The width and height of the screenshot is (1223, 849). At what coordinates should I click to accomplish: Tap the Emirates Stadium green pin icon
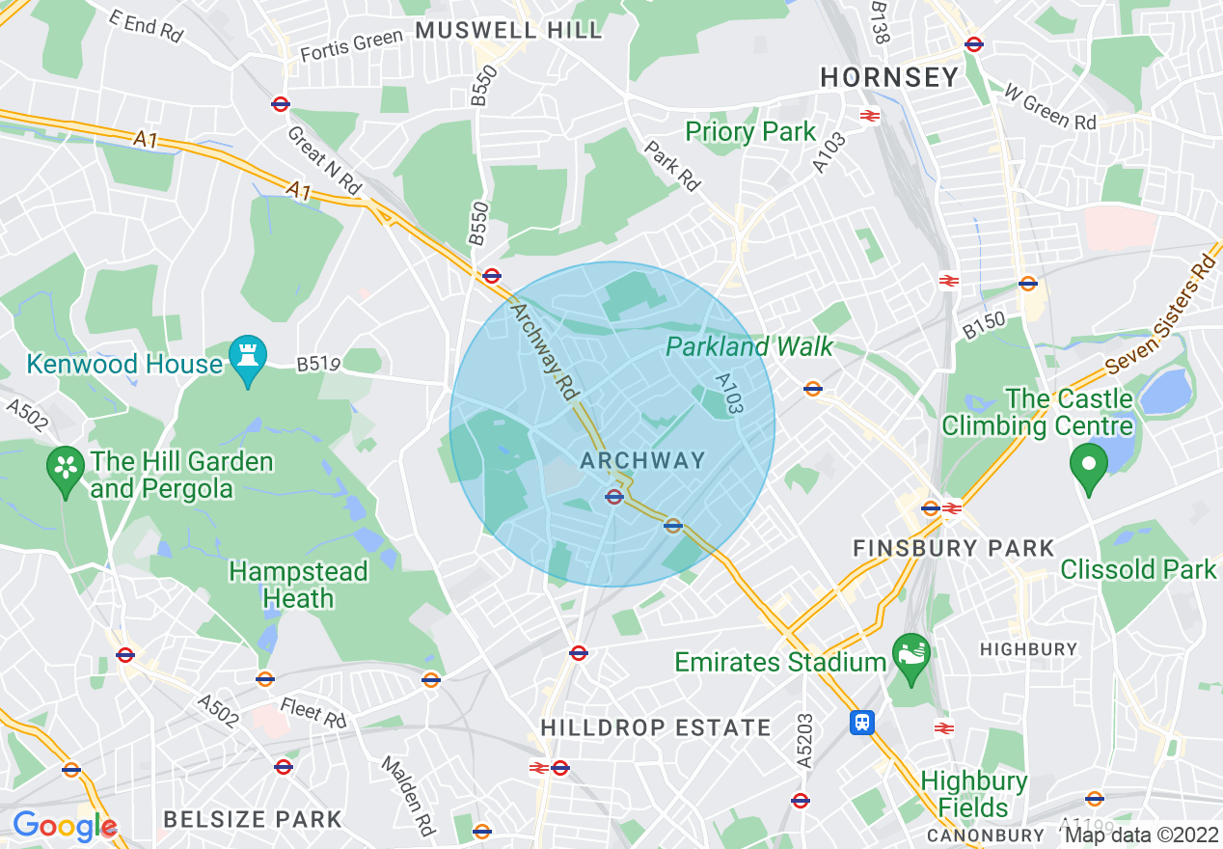(x=911, y=651)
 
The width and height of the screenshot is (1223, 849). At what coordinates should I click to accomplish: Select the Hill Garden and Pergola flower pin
(x=66, y=469)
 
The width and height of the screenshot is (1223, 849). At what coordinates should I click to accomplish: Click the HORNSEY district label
(x=889, y=77)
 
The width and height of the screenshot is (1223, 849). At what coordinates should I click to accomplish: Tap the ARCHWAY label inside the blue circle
(x=642, y=460)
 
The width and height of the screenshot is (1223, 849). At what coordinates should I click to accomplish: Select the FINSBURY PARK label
(x=954, y=548)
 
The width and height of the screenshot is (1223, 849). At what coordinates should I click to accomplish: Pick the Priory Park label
(x=750, y=131)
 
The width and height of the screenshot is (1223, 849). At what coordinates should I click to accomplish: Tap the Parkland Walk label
(x=749, y=346)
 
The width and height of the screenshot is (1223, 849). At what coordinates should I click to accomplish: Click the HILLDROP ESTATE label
(x=656, y=727)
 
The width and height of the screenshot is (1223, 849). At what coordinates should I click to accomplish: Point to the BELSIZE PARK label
(x=253, y=819)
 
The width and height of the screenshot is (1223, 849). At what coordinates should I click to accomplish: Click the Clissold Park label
(x=1138, y=569)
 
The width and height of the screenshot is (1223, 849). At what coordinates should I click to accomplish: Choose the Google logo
(x=64, y=826)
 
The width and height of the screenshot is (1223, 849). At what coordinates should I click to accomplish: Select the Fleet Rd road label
(x=313, y=714)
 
